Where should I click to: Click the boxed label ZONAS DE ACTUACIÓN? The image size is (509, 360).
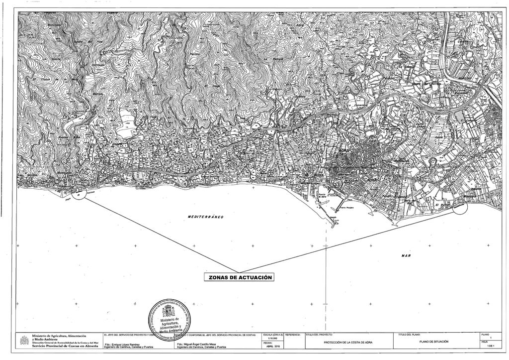tap(240, 277)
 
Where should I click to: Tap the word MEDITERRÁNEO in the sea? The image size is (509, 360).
tap(206, 217)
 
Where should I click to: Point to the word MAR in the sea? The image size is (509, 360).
tap(406, 255)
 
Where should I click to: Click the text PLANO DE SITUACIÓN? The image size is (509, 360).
tap(434, 342)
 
